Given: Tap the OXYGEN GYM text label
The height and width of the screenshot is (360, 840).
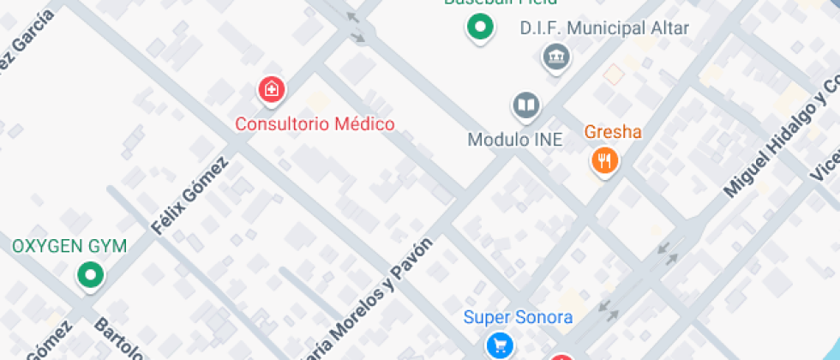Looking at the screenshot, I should coord(69,247).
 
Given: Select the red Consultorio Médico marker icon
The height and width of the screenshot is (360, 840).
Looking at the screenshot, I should coord(272,88).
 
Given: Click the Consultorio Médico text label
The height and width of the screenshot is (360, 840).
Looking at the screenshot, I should coord(315,124).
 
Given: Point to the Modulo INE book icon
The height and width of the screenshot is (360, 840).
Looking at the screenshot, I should coord(526,106).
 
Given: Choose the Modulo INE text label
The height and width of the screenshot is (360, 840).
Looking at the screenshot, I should coord(515,139).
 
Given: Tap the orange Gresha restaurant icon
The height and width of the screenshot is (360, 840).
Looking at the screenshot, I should coord(605,159).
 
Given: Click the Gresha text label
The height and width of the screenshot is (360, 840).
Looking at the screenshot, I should coord(613,133).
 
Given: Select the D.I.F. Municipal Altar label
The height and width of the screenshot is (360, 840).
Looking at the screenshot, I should coord(604,28).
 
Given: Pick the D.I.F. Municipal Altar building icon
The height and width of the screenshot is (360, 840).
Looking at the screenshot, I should coord(556,57).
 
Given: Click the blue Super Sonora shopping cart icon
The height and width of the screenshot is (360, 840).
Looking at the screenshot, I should coord(500,345).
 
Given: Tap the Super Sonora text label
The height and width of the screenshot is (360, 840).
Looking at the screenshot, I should coord(518,317).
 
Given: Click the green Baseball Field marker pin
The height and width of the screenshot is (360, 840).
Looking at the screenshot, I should coord(481,27).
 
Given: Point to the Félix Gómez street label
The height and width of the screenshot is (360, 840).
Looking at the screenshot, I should coord(189,196).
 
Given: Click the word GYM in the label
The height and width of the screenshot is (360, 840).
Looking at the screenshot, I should coord(108,247).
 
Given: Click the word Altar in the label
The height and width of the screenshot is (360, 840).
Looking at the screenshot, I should coord(669,28).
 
